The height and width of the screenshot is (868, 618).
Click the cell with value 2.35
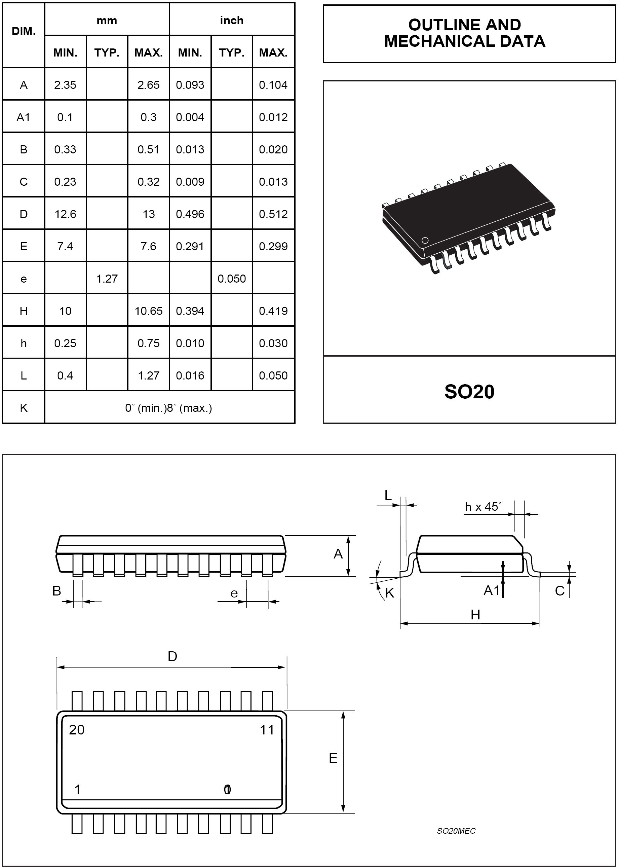click(65, 85)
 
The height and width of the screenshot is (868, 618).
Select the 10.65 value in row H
click(148, 311)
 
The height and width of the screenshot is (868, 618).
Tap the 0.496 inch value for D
click(190, 214)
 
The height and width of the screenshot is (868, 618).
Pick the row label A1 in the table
click(23, 117)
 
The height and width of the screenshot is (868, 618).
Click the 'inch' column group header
click(231, 20)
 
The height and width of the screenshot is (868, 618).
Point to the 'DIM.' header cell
click(24, 31)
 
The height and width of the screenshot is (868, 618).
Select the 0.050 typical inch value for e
click(231, 279)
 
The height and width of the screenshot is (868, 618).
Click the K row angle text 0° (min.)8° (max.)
click(168, 408)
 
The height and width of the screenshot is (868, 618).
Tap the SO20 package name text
click(469, 392)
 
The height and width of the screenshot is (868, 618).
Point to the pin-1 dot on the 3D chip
click(425, 240)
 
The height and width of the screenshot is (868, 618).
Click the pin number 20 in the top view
click(76, 730)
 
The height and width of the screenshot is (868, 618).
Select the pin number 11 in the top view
click(267, 730)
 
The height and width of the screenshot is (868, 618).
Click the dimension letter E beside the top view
click(333, 758)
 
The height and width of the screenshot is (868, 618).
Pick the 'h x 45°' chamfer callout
click(482, 507)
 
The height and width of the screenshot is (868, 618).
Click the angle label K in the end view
click(390, 593)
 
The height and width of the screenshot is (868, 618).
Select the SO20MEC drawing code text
click(456, 831)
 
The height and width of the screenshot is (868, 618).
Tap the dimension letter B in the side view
click(57, 591)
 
